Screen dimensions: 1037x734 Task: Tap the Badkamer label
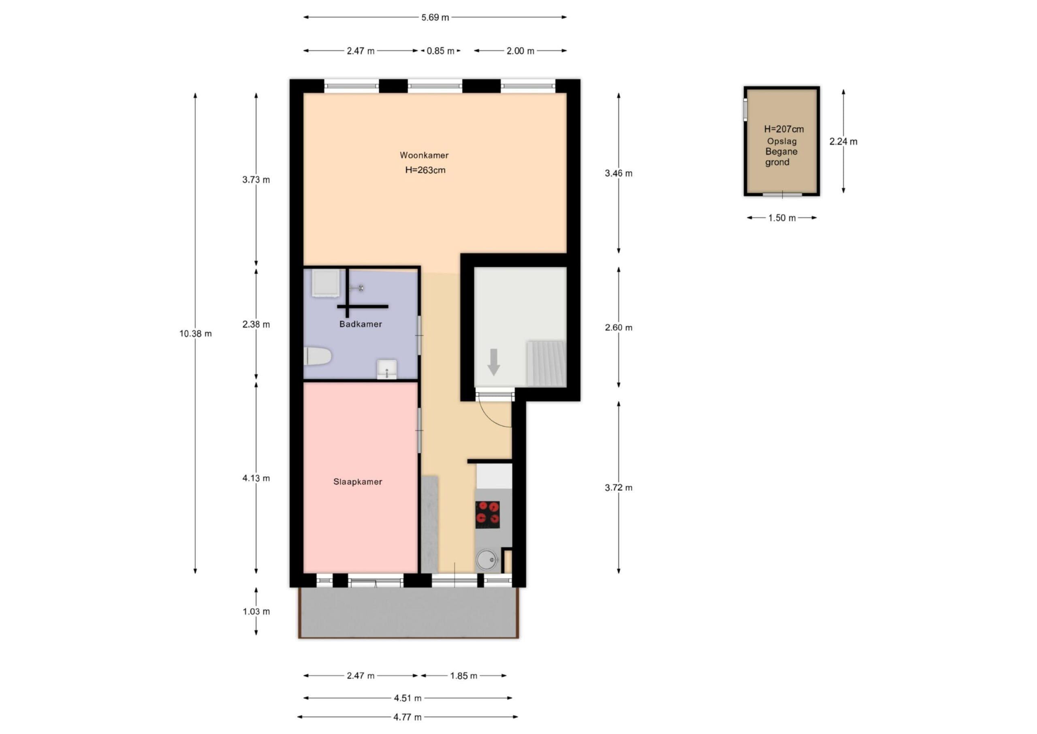click(361, 324)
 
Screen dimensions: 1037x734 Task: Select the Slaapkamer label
click(358, 482)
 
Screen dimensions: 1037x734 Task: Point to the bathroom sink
click(386, 369)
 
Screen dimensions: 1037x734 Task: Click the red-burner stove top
click(487, 515)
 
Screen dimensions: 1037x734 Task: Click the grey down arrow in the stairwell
click(494, 362)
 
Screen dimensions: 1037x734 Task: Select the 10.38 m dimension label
click(196, 334)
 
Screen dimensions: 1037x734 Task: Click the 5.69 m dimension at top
click(435, 17)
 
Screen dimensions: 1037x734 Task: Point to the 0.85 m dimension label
click(441, 51)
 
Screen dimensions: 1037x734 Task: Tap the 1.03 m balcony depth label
click(256, 612)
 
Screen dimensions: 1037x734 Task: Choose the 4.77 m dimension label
click(408, 717)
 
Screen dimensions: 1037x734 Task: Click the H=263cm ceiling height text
click(425, 170)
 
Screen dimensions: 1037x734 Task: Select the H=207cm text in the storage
click(783, 129)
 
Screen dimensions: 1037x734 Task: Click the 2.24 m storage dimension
click(843, 141)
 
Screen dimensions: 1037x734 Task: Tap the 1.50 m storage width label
click(782, 218)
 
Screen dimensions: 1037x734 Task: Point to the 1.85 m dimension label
click(463, 676)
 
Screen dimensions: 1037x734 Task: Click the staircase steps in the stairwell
click(546, 364)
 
